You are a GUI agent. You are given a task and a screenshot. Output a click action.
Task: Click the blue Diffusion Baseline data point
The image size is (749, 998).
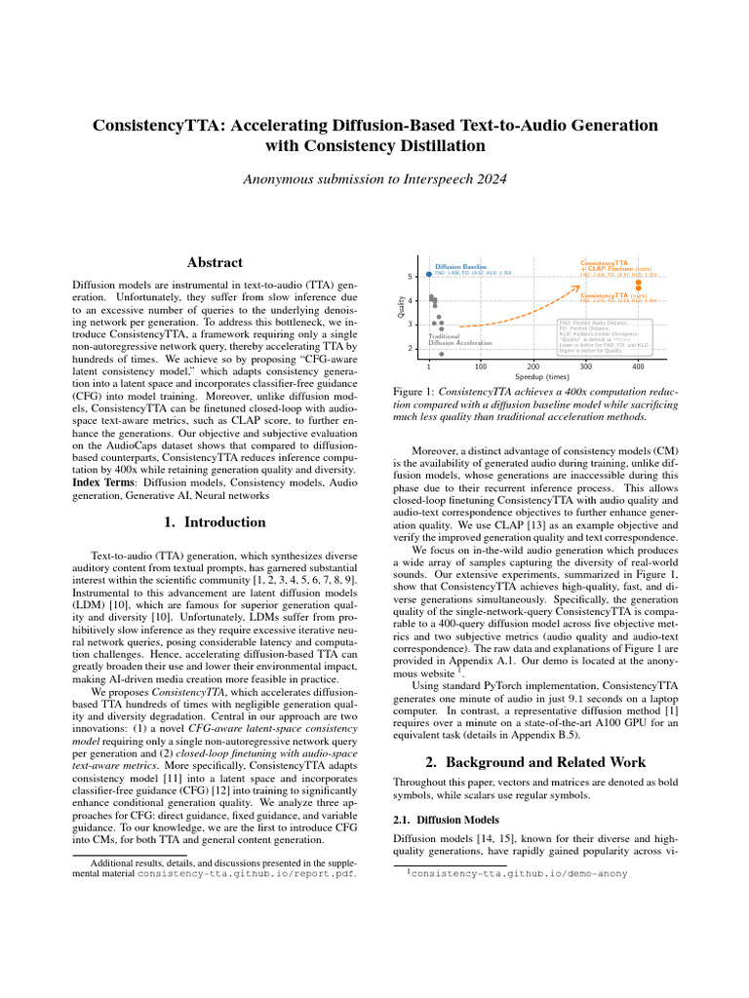[429, 274]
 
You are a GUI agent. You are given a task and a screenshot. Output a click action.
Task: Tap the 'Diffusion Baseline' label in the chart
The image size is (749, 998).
[460, 265]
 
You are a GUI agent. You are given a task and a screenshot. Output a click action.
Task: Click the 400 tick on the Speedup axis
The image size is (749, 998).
[638, 366]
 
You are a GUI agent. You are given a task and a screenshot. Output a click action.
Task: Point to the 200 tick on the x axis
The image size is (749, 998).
[533, 366]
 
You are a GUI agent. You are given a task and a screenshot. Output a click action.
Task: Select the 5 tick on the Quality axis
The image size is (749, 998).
[411, 277]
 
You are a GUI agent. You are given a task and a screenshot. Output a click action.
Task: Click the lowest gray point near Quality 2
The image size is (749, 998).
[442, 355]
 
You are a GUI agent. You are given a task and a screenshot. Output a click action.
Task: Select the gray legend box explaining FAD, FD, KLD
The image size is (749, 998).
[603, 335]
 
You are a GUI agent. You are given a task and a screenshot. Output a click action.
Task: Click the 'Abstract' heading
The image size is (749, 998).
[214, 262]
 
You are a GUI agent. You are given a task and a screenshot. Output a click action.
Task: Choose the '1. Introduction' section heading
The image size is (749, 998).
[214, 522]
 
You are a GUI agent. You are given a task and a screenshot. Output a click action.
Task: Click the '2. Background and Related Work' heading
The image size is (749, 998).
[533, 761]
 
